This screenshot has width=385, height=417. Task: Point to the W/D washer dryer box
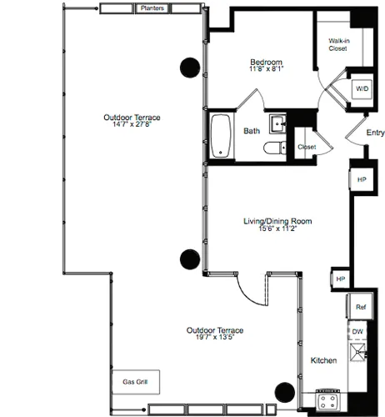(x=363, y=88)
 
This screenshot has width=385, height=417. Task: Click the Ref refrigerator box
(x=360, y=306)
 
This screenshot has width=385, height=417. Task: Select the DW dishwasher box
(x=357, y=331)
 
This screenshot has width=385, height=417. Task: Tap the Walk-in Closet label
(x=337, y=44)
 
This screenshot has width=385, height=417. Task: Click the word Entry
(x=375, y=132)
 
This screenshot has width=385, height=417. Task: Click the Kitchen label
(x=323, y=360)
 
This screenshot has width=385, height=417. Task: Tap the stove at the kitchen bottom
(x=327, y=400)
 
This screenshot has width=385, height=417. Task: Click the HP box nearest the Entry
(x=361, y=179)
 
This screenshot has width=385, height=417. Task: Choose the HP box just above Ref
(x=339, y=279)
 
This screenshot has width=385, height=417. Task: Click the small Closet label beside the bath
(x=307, y=147)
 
